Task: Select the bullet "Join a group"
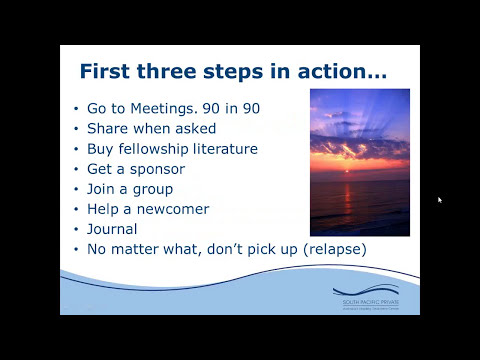coord(130,188)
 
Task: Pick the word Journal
coord(112,228)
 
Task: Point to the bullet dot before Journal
coord(78,229)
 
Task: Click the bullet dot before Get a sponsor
coord(78,169)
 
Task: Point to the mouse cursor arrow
coord(440,200)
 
